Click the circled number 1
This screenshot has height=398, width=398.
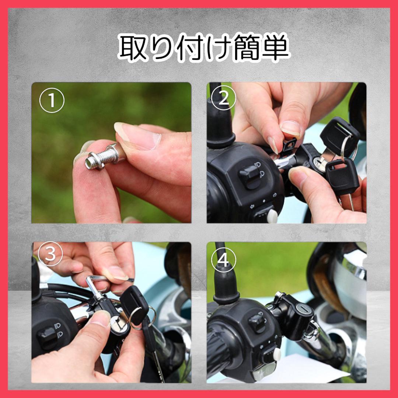coord(52,100)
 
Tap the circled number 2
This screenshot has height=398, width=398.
coord(223,98)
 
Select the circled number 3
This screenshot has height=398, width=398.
coord(50,254)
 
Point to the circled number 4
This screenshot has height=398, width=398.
coord(223,260)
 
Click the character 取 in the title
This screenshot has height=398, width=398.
coord(133,48)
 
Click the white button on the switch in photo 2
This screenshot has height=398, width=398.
coord(272,216)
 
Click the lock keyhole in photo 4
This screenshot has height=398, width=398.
coord(303,309)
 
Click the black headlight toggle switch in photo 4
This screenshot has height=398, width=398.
coord(257,323)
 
